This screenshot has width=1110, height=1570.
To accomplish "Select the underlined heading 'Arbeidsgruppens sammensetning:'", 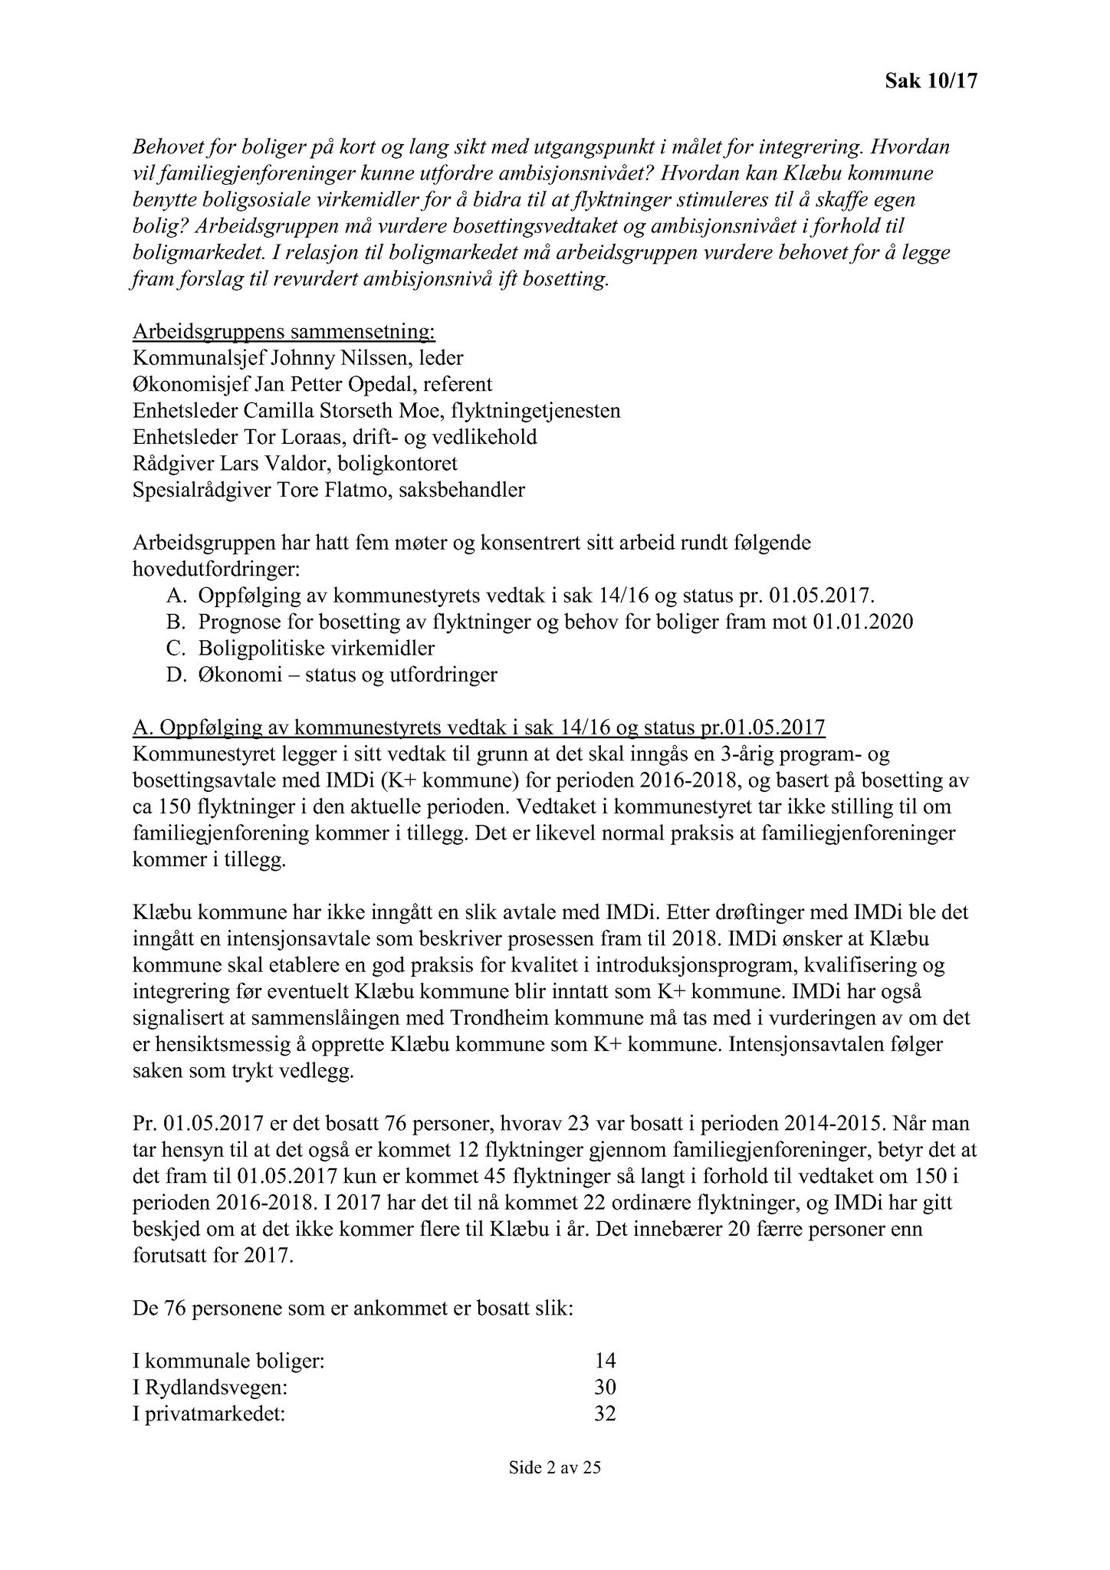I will click(284, 332).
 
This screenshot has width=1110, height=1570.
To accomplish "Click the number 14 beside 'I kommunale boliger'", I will click(605, 1361).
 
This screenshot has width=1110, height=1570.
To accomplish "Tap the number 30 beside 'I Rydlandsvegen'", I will click(605, 1387).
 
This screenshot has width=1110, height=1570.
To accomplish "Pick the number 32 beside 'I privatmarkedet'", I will click(605, 1414).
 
